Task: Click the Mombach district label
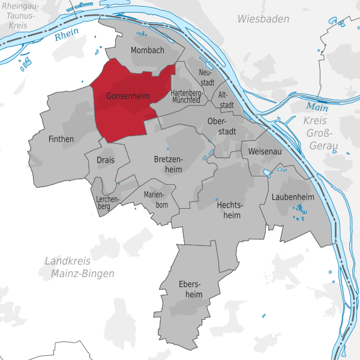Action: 147,50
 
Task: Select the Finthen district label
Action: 61,139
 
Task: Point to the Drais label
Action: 106,159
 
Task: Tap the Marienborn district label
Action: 156,200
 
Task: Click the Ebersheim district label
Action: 191,288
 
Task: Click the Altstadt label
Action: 225,100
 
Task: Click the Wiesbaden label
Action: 263,19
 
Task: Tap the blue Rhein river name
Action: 66,36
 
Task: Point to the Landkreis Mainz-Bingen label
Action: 79,267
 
